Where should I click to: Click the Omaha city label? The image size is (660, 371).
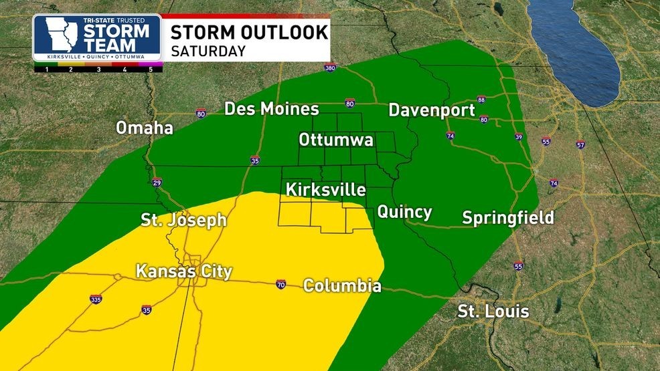coord(145,128)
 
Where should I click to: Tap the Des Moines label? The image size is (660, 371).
coord(271,109)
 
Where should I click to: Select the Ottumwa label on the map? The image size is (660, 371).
coord(336,140)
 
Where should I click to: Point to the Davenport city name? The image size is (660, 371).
coord(431,110)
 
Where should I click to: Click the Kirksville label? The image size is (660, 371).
coord(325,190)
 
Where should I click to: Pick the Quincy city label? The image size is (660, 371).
coord(404,213)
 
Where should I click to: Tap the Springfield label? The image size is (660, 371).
coord(508,217)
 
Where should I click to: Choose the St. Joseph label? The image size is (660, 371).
coord(183,220)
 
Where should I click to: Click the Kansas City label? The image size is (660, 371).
coord(183,271)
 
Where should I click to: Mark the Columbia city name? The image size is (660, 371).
coord(342,286)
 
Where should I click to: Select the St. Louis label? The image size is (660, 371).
coord(493,312)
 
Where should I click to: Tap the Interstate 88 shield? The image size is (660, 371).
coord(481,100)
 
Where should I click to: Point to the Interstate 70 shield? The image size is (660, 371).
coord(280,285)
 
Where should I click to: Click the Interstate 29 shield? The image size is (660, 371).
coord(157,182)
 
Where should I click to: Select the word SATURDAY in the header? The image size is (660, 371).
coord(208,51)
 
